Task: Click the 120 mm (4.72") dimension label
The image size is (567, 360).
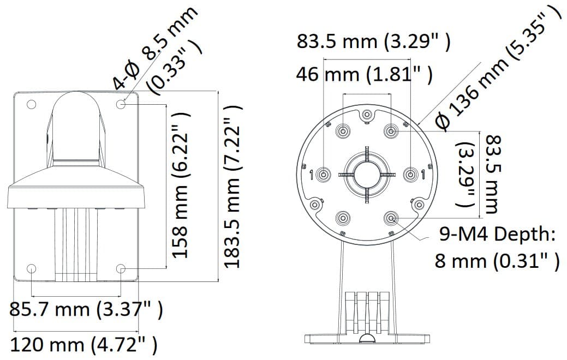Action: click(84, 345)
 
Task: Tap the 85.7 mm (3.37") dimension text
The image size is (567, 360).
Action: click(86, 310)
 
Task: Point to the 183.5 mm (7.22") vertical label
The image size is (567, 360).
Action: click(232, 185)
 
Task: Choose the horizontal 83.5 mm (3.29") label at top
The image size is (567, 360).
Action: click(374, 41)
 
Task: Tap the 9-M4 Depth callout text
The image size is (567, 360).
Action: click(497, 235)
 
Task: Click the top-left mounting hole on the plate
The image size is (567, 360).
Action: click(31, 104)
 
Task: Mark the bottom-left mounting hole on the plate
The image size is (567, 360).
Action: click(31, 268)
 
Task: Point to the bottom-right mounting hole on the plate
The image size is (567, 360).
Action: click(121, 268)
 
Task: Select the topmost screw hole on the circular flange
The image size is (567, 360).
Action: click(367, 115)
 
